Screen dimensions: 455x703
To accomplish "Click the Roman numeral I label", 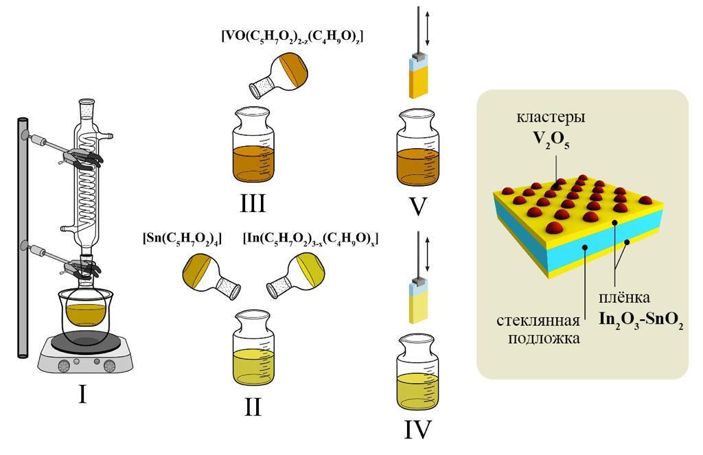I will point(82,394).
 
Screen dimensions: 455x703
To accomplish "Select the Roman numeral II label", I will point(252,406).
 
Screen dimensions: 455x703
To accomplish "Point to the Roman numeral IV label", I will point(417,429).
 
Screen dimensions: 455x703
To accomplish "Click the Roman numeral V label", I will point(417,204).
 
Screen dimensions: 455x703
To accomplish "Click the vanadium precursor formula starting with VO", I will point(292,36).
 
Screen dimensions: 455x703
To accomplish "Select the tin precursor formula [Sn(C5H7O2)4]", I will point(182,240).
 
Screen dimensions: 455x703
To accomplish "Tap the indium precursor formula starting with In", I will point(310,240).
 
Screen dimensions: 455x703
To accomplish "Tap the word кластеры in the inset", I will point(551,118).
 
